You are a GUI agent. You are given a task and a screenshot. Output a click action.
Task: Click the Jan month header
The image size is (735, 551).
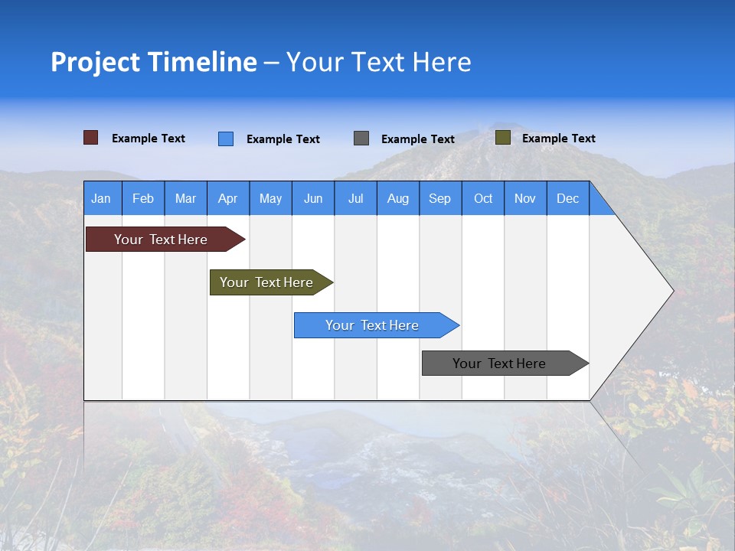click(101, 198)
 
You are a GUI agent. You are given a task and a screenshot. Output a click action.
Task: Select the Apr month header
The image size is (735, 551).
click(228, 198)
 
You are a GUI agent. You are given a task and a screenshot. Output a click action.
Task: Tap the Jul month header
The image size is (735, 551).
click(355, 198)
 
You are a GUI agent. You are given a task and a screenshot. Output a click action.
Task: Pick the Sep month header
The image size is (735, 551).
click(440, 198)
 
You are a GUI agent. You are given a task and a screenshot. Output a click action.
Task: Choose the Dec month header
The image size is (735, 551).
click(567, 198)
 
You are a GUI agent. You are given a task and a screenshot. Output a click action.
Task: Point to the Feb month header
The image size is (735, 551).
click(143, 198)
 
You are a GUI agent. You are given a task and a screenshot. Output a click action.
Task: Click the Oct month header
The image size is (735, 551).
click(483, 198)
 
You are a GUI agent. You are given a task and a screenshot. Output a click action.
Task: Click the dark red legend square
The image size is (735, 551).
click(91, 138)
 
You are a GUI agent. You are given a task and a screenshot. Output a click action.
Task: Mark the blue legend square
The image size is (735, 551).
click(226, 139)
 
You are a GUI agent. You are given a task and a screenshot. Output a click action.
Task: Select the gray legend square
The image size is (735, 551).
click(361, 139)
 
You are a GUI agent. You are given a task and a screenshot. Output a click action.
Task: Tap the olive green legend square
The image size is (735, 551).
click(503, 138)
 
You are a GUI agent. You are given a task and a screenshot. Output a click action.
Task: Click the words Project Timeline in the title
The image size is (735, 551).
click(154, 62)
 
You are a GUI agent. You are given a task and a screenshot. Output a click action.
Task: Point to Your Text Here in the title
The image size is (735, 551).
click(379, 62)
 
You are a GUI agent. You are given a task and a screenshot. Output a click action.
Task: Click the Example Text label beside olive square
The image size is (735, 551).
click(558, 139)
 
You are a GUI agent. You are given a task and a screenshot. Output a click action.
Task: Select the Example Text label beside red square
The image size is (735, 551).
click(149, 139)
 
